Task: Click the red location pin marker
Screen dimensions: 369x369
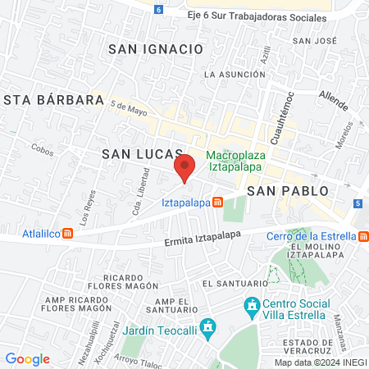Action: coord(184,167)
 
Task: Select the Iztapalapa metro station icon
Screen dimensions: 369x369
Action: coord(217,203)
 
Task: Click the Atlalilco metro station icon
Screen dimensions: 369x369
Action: coord(68,232)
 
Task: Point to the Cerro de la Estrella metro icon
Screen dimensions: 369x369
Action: coord(362,236)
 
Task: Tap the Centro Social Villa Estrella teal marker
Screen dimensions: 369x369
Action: coord(251,308)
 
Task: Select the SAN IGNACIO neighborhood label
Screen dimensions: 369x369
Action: coord(155,49)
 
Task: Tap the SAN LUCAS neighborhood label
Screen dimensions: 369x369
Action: coord(136,154)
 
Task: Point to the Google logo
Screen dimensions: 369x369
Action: coord(27,358)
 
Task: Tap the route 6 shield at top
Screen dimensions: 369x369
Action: coord(159,10)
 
